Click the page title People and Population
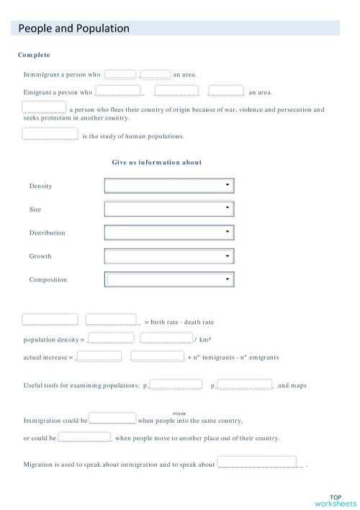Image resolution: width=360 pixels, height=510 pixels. (x=73, y=29)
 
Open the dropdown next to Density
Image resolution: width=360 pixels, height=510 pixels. (x=170, y=186)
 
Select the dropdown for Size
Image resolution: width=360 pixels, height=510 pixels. (x=170, y=209)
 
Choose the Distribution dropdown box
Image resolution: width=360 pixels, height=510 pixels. (x=170, y=233)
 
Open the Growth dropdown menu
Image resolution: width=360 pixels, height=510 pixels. (x=170, y=256)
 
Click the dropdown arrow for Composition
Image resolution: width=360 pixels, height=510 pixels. (x=228, y=279)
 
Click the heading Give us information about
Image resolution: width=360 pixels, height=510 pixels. (x=157, y=163)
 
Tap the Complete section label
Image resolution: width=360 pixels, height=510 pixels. (x=34, y=55)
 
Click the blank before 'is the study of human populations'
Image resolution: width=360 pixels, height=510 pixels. (x=50, y=133)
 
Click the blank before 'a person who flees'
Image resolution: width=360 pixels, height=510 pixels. (x=44, y=107)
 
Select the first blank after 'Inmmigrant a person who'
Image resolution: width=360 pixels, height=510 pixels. (x=120, y=73)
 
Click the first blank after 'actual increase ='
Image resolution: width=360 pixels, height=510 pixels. (x=99, y=356)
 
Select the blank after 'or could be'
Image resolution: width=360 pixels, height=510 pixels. (x=84, y=437)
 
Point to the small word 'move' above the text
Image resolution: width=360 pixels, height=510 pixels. (x=180, y=413)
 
